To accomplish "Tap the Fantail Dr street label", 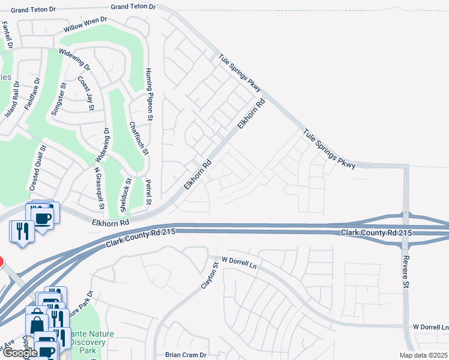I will [x=8, y=35].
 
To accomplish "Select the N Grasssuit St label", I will [x=99, y=188].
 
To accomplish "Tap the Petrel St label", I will [x=149, y=191].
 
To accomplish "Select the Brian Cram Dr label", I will [x=185, y=355].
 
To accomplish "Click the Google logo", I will [x=20, y=353].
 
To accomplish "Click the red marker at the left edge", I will [x=1, y=262].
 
